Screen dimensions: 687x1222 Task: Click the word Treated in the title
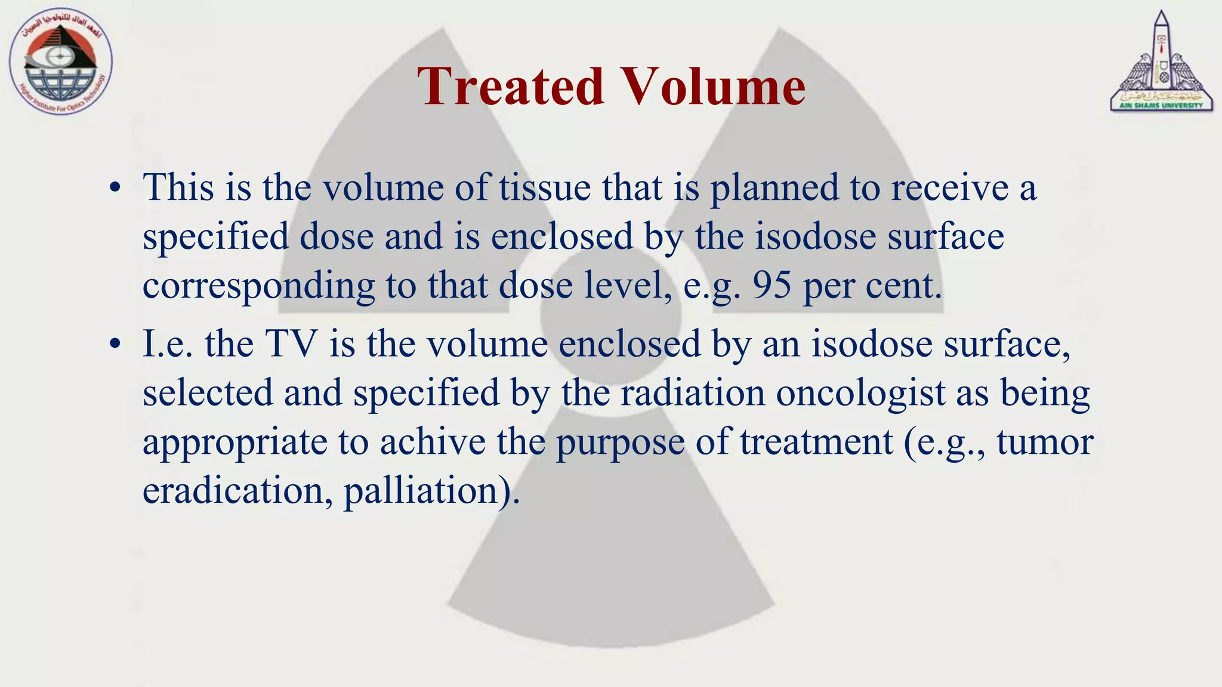[x=510, y=86]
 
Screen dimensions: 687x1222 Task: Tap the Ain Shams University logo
[x=1161, y=63]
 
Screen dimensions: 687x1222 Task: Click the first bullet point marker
[x=115, y=189]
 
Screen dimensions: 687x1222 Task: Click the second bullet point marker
[x=115, y=345]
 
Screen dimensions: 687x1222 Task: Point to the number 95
[x=772, y=286]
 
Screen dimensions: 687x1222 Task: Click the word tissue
[x=545, y=188]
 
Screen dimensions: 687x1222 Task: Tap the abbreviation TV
[x=292, y=345]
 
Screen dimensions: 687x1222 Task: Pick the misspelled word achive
[x=433, y=443]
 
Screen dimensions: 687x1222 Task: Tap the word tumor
[x=1045, y=443]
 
